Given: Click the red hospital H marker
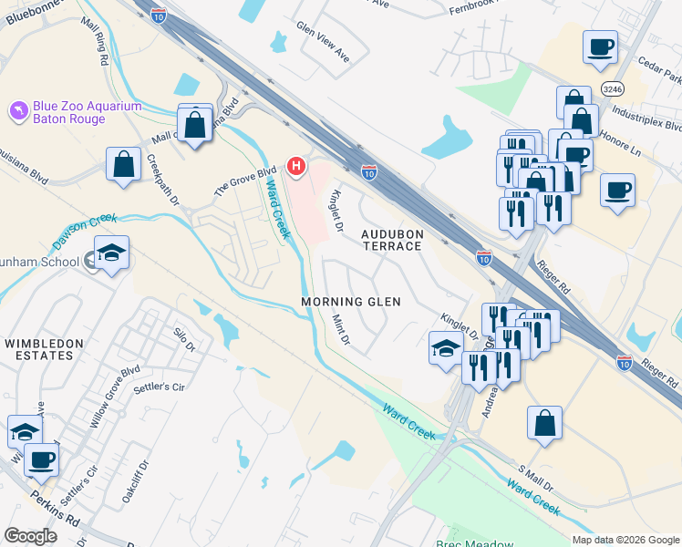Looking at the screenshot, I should point(296,166).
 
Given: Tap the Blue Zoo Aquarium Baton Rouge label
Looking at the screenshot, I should point(88,112).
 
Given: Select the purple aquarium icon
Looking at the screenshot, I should point(16,111).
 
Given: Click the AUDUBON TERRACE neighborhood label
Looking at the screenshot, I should point(392,240).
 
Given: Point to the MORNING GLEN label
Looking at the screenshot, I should point(351,301).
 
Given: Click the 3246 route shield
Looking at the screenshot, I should point(613,88).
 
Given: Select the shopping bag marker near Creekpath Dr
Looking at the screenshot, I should point(123,164).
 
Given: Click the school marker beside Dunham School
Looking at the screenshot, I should point(111,253).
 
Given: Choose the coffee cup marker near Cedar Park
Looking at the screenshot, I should point(600,46).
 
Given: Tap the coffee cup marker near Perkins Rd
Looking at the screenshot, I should point(41,459).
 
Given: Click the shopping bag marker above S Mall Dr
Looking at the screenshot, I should point(544,423).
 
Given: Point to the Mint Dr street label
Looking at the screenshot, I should point(341,331).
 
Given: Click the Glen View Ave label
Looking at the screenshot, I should point(323,42).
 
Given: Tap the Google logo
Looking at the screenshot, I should point(30,536).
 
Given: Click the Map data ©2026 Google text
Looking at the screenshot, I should point(625,540).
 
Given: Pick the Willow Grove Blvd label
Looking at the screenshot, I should point(118,397).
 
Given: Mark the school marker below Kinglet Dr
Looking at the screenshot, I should point(446,348).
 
